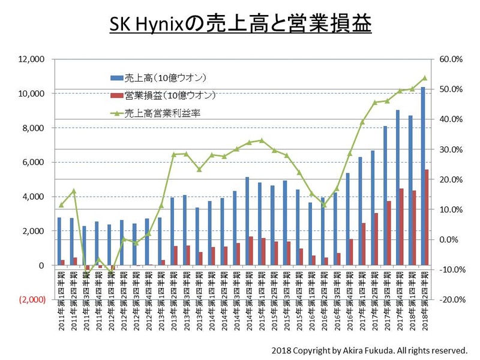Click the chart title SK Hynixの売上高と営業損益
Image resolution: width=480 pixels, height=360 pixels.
[x=240, y=25]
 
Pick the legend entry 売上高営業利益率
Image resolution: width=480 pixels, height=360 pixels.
[x=162, y=112]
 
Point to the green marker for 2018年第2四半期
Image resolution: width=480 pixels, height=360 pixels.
[x=424, y=77]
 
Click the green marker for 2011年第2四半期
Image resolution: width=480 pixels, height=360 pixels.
[x=73, y=191]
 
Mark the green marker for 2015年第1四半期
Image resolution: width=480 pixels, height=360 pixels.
[x=261, y=140]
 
